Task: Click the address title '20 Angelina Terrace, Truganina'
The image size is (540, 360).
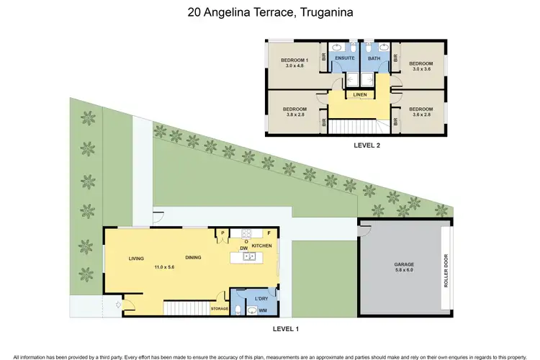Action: (x=270, y=12)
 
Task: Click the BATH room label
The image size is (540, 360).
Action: (x=374, y=58)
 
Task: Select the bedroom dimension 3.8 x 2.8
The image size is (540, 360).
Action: (x=295, y=114)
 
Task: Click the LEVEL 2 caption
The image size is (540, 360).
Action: (x=366, y=145)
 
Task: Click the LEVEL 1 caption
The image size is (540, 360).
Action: (x=286, y=328)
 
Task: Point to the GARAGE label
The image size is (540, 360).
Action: (x=404, y=264)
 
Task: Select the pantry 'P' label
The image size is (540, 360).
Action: (x=223, y=233)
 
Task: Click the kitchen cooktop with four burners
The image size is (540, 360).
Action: (x=247, y=233)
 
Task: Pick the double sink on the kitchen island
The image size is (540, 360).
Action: (x=247, y=256)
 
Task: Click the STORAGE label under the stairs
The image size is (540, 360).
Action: (x=219, y=308)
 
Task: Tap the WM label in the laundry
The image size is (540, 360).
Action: (x=262, y=310)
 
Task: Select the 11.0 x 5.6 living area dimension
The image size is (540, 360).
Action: (x=165, y=267)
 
